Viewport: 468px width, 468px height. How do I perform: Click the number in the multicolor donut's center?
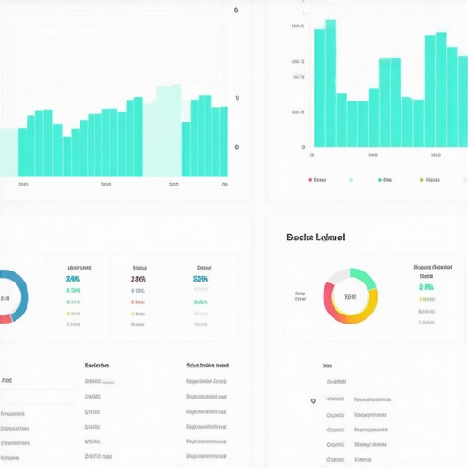pos(349,296)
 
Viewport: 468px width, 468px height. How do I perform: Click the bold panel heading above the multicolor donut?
pos(314,238)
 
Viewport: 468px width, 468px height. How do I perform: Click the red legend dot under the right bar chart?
pos(311,180)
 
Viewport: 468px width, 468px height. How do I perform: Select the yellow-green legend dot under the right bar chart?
pos(421,180)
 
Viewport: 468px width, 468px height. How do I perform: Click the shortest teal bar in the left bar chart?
pos(68,156)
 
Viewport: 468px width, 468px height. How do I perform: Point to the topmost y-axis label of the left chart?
pos(236,11)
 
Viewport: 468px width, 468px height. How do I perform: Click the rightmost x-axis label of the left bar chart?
pos(224,184)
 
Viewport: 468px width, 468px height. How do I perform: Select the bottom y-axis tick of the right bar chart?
pos(303,146)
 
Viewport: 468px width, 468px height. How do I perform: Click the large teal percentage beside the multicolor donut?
pos(425,286)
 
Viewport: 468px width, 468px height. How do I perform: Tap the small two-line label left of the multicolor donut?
pos(300,296)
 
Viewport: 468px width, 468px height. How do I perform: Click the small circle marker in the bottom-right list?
pos(313,399)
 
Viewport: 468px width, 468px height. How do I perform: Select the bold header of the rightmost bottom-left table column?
pos(207,365)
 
